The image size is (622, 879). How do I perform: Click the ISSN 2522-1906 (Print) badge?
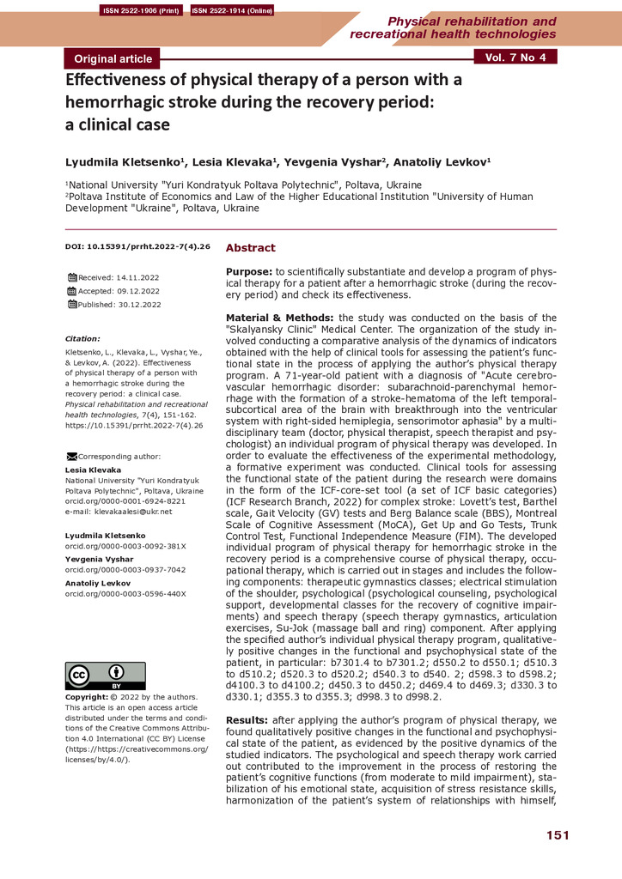pos(138,11)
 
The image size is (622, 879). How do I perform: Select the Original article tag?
pos(113,58)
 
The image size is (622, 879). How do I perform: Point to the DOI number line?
pos(137,247)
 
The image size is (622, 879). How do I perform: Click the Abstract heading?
pos(250,248)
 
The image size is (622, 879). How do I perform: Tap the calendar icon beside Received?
pos(71,278)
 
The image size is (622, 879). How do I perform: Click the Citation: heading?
pos(82,338)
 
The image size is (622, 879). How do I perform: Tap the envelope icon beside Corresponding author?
pos(71,456)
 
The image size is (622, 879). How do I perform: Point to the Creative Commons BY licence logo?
pos(105,676)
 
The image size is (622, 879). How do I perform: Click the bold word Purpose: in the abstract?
pos(248,271)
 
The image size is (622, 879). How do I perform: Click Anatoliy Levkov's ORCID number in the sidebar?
pos(125,593)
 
